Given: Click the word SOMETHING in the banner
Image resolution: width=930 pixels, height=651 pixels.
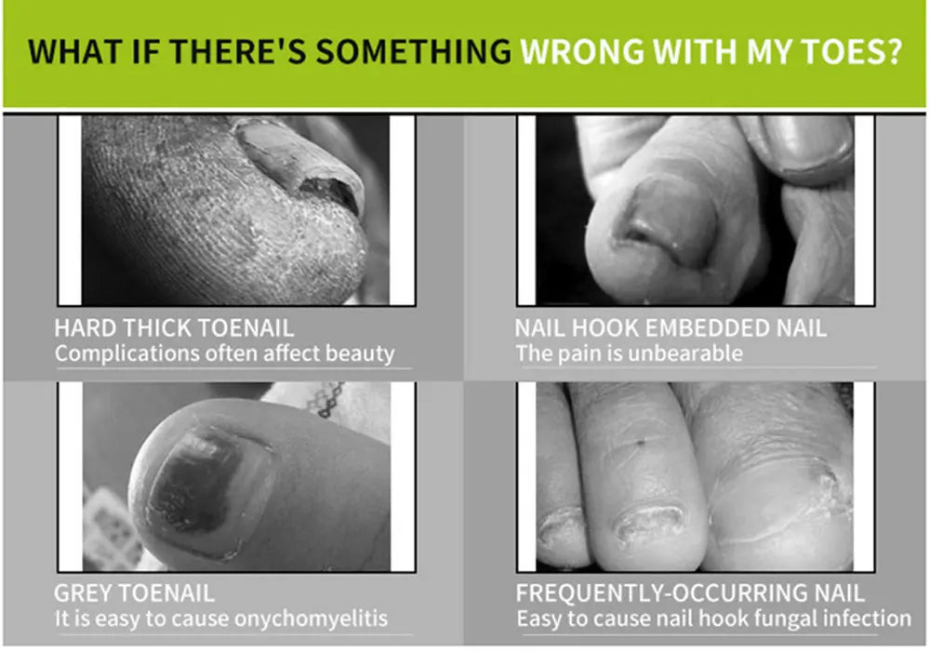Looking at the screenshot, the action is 414,51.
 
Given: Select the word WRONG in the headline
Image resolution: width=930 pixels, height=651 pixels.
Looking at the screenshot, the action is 582,51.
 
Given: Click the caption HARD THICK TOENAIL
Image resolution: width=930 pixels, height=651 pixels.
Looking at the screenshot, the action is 174,328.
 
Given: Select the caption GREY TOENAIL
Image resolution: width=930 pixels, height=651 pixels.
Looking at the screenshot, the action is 134,593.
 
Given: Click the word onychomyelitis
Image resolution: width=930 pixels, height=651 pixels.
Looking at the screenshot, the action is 312,619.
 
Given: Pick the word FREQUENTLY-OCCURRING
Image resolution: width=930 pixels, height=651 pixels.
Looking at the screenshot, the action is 660,593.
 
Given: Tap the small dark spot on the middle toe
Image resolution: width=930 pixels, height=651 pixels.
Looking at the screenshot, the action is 641,442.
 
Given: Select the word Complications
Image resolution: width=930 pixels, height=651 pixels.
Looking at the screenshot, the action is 126,354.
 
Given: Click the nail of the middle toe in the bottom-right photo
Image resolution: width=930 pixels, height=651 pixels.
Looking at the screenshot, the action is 647,522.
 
